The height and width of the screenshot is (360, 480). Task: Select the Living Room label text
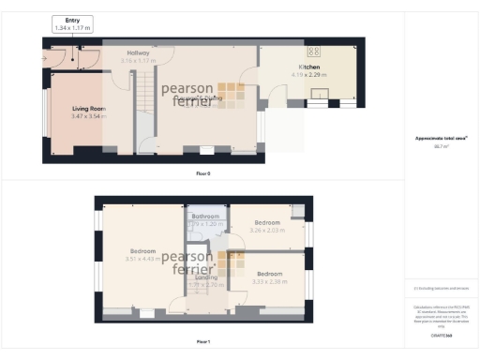pyautogui.click(x=89, y=109)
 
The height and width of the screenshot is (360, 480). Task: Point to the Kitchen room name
pyautogui.click(x=309, y=67)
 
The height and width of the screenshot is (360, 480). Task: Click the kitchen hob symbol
pyautogui.click(x=313, y=52)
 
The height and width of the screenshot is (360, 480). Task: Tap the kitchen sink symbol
pyautogui.click(x=321, y=93)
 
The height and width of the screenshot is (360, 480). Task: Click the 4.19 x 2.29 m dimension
pyautogui.click(x=309, y=75)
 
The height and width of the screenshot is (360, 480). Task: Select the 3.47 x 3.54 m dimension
pyautogui.click(x=89, y=116)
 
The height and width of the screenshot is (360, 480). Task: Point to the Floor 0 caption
pyautogui.click(x=202, y=172)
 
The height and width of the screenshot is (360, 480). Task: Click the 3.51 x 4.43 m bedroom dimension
pyautogui.click(x=142, y=260)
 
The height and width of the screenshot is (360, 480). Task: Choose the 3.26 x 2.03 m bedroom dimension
pyautogui.click(x=266, y=231)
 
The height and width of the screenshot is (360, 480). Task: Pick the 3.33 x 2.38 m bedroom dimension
pyautogui.click(x=270, y=280)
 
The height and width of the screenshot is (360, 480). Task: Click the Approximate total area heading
pyautogui.click(x=441, y=139)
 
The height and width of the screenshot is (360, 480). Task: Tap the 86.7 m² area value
pyautogui.click(x=441, y=148)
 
